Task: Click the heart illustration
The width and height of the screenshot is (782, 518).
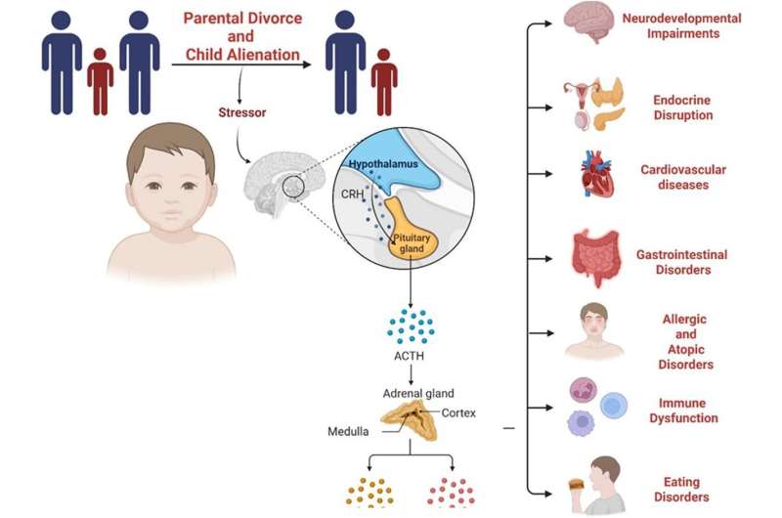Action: (598, 178)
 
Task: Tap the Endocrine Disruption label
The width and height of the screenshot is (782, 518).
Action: (682, 108)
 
